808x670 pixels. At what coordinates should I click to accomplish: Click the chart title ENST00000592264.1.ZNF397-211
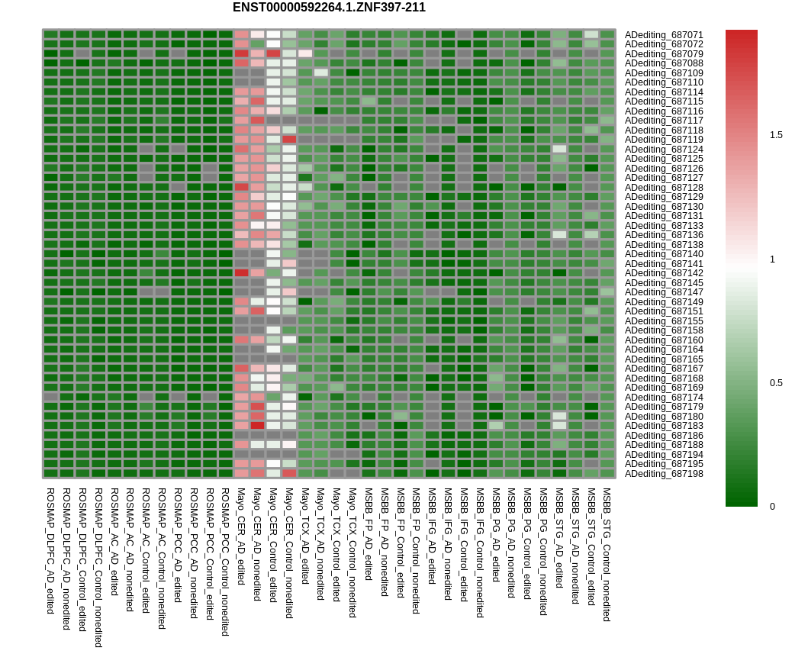329,8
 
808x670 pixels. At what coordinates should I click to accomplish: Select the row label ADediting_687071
664,35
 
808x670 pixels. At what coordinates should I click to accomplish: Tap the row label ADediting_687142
664,273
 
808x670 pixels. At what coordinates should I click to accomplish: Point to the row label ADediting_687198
664,474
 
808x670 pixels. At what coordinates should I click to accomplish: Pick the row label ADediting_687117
664,121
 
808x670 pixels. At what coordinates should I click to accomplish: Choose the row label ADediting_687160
664,340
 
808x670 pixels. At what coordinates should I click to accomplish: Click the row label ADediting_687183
664,426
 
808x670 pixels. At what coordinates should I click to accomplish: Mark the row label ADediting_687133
664,226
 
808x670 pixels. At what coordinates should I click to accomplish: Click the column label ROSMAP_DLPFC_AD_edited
50,540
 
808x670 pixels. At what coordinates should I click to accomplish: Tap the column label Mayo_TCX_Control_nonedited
352,552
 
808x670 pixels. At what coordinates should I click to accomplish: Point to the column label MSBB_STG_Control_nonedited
607,555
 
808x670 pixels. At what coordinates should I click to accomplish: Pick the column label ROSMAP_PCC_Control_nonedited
225,562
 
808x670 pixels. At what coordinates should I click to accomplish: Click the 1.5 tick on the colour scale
776,135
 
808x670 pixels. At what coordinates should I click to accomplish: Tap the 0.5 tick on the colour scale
776,383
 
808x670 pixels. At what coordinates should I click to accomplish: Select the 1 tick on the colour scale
773,259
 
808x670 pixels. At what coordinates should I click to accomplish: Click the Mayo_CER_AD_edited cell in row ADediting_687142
241,272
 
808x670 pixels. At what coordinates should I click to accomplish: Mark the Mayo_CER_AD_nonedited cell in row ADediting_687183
257,425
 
